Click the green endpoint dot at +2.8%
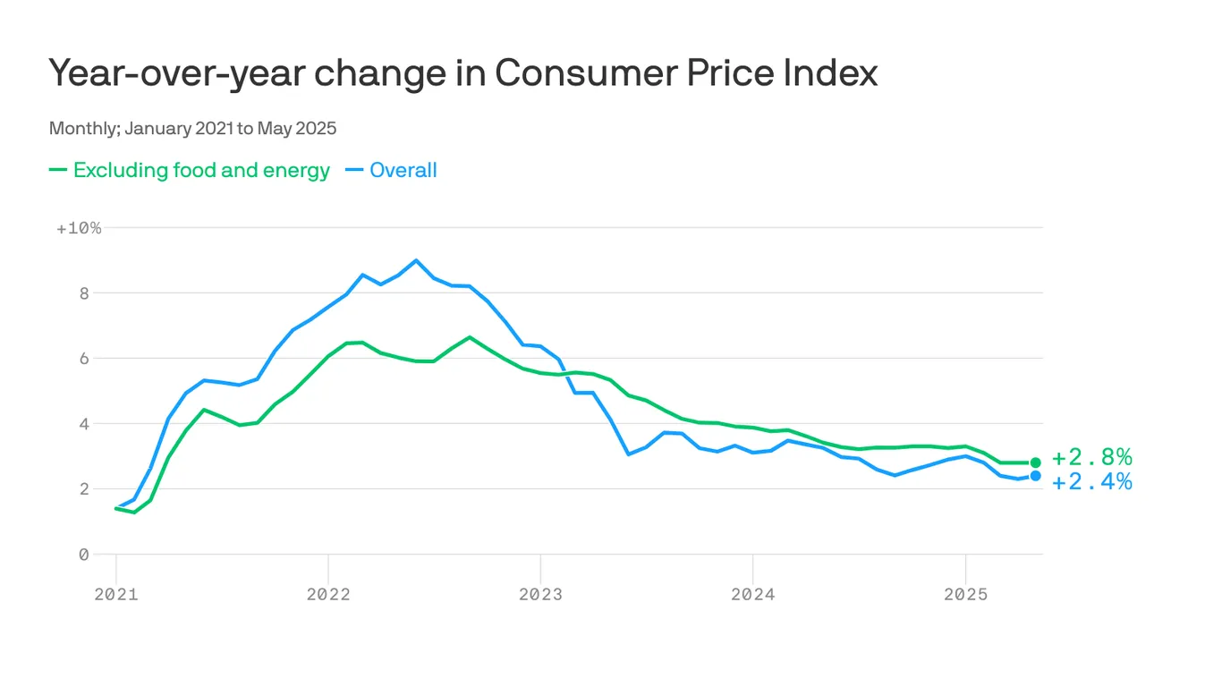[1035, 462]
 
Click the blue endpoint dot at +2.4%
[1035, 476]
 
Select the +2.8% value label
[1091, 458]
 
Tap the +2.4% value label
[1091, 482]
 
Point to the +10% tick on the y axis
[79, 228]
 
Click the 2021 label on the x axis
[116, 595]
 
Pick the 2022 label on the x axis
[328, 595]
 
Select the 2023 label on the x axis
[540, 595]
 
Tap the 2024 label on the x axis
[752, 595]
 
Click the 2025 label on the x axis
[965, 595]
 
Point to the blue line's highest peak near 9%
[416, 260]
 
